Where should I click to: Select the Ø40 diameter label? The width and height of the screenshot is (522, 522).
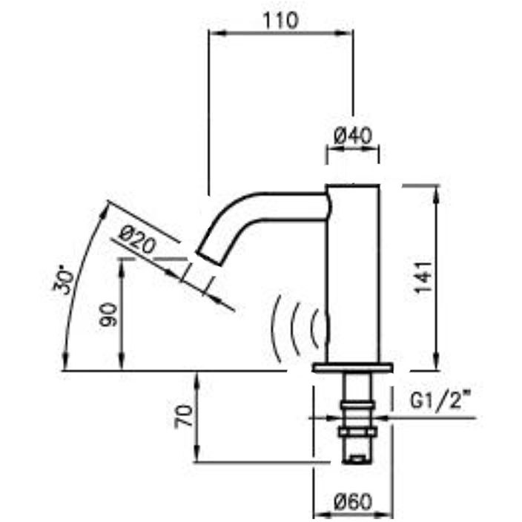pyautogui.click(x=353, y=136)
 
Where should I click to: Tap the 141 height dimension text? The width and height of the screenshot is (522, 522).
pyautogui.click(x=423, y=277)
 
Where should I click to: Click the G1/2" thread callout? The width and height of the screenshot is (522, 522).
pyautogui.click(x=442, y=401)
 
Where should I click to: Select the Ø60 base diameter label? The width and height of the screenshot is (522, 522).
pyautogui.click(x=352, y=502)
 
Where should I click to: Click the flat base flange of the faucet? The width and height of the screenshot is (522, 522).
pyautogui.click(x=353, y=367)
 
